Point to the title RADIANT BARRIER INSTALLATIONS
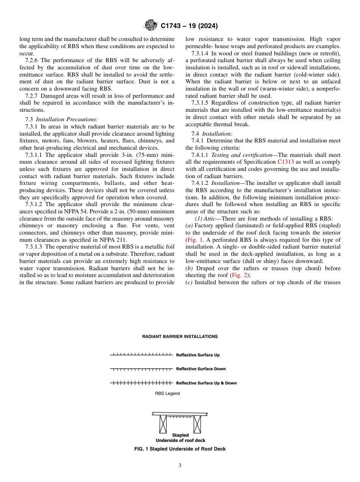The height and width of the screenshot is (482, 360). click(x=180, y=336)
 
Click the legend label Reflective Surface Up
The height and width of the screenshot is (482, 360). click(x=197, y=355)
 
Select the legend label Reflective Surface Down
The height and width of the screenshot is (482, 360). click(x=200, y=369)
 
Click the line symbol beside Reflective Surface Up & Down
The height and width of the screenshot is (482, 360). click(x=142, y=383)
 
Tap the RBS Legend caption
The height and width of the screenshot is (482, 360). click(x=167, y=393)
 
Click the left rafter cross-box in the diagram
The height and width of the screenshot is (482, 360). click(x=163, y=424)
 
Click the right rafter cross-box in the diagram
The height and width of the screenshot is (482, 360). click(x=197, y=424)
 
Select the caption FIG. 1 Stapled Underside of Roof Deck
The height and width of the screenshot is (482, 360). click(x=180, y=449)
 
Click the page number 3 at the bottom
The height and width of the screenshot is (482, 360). click(x=180, y=466)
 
